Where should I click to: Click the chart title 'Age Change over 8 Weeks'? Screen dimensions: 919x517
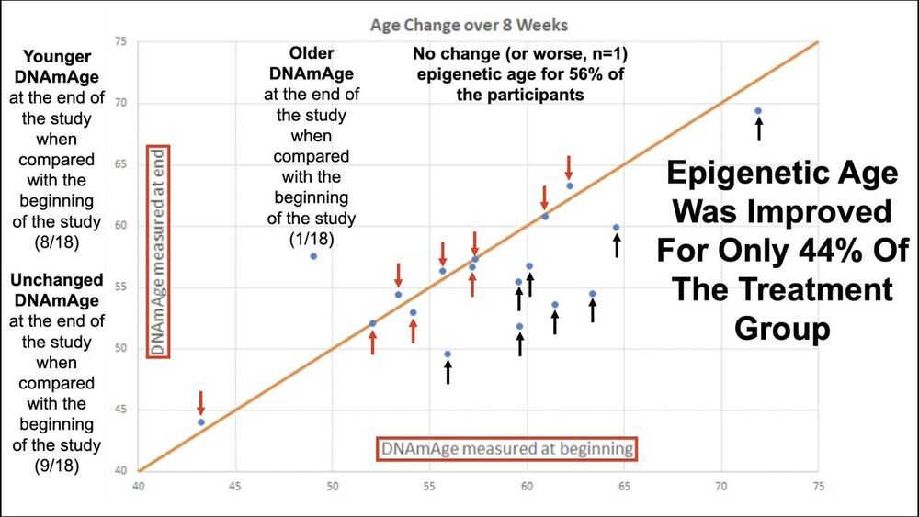(x=469, y=26)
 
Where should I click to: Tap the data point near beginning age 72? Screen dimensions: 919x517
(x=758, y=111)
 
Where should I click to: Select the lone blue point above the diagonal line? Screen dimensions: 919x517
(x=313, y=256)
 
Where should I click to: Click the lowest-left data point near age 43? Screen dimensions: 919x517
(x=201, y=422)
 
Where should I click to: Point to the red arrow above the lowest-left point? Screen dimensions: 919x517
(x=201, y=403)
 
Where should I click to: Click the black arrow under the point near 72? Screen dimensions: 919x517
(x=759, y=129)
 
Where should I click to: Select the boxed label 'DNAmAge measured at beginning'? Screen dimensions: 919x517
(x=507, y=449)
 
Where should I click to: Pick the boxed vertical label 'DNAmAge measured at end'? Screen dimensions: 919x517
(x=158, y=252)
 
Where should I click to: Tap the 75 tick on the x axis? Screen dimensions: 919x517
(x=818, y=486)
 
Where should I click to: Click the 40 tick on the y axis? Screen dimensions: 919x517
(x=120, y=470)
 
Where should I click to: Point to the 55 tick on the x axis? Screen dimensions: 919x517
(x=429, y=486)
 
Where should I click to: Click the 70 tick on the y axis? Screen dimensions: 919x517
(x=120, y=103)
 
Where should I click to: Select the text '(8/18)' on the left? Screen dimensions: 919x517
(x=56, y=242)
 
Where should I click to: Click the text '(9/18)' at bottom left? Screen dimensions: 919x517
(x=56, y=466)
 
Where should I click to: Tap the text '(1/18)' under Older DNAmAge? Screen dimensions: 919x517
(x=312, y=239)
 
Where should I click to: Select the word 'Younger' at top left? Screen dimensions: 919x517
(x=57, y=57)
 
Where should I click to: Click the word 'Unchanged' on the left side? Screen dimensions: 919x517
(x=57, y=280)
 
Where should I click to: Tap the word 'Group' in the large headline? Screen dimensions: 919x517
(x=782, y=329)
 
